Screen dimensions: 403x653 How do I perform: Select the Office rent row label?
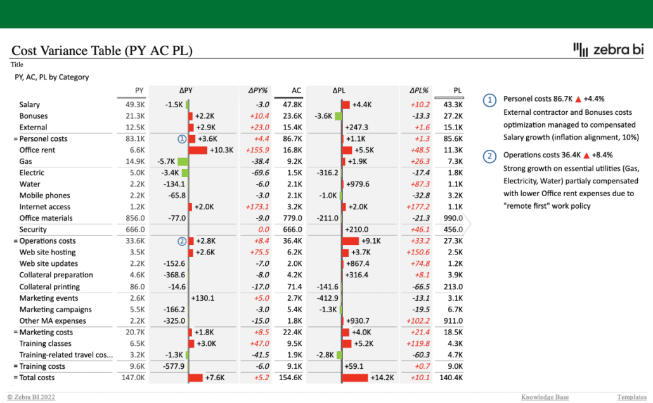37,150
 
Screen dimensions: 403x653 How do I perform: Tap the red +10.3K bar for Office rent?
198,150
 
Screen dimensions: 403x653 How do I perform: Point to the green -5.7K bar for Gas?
183,162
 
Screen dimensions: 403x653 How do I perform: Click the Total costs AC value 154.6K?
290,378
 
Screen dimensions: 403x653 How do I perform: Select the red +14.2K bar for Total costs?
354,378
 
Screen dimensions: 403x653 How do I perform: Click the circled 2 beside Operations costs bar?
182,241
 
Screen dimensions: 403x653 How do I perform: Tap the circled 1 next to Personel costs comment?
490,100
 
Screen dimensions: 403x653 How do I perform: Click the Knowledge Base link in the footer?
545,397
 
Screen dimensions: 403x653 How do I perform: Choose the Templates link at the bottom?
631,397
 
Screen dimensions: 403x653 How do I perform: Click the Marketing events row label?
49,298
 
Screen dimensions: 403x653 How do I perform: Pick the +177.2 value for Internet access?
417,207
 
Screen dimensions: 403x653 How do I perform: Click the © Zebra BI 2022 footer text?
31,397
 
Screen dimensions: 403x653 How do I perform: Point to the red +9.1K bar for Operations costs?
350,241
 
